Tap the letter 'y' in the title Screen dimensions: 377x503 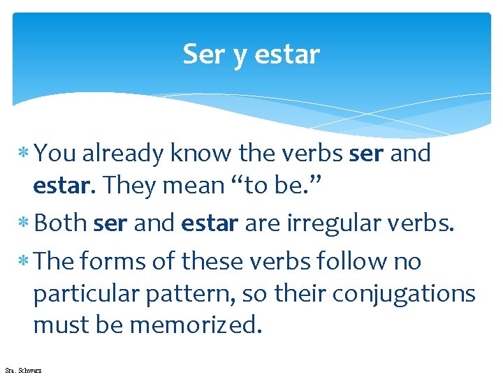pos(240,56)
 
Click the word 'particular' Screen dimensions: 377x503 pos(85,294)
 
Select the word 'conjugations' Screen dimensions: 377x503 pos(403,294)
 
